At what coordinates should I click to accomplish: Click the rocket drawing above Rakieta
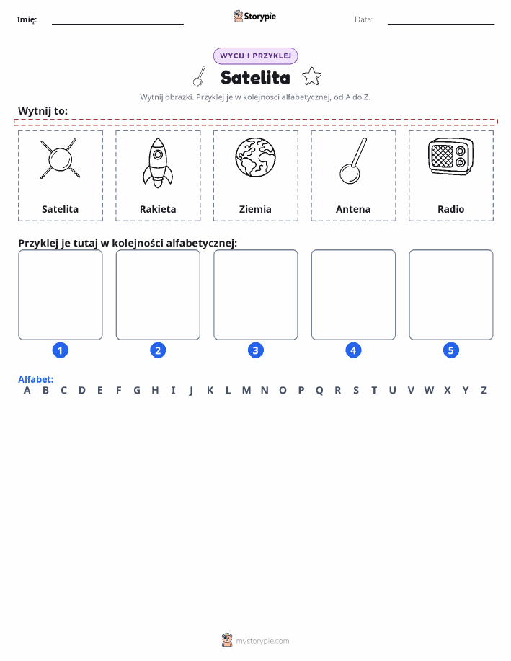click(158, 163)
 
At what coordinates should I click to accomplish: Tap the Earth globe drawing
click(255, 158)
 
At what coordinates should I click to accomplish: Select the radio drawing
click(450, 156)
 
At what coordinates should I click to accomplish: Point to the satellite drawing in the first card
click(60, 159)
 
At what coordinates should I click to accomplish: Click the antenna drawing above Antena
click(353, 161)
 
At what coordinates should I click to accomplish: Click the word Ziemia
click(255, 209)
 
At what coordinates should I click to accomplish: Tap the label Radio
click(450, 209)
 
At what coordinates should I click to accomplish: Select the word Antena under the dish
click(353, 209)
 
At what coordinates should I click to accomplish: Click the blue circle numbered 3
click(255, 350)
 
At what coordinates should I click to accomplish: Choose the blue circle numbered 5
click(450, 350)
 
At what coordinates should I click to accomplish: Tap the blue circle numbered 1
click(61, 350)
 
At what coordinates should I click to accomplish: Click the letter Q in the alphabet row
click(319, 391)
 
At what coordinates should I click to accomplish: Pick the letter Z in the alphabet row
click(484, 391)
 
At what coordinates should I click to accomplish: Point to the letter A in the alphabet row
click(27, 391)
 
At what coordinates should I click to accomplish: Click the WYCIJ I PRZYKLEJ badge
click(255, 56)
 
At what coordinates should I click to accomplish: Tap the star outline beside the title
click(311, 76)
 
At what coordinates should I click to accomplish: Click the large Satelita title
click(255, 78)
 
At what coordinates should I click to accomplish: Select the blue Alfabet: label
click(36, 379)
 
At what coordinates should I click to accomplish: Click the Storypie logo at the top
click(254, 17)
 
